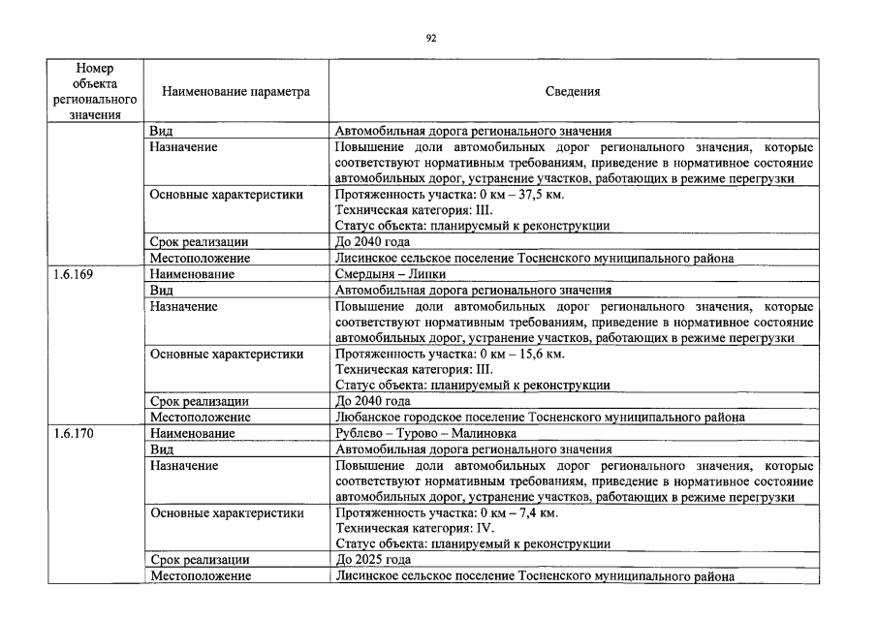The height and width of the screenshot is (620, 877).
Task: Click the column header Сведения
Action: [572, 92]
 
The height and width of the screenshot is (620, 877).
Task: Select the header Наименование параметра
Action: [235, 92]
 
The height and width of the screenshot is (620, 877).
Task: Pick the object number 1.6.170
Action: [74, 433]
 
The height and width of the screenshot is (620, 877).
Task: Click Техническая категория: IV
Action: [415, 528]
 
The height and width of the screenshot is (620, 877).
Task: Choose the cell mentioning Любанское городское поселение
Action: [539, 417]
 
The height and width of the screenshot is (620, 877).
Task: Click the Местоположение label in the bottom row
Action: [200, 576]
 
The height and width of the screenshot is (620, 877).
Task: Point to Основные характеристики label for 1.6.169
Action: [226, 354]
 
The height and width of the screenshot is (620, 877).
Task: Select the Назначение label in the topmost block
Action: [183, 147]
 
